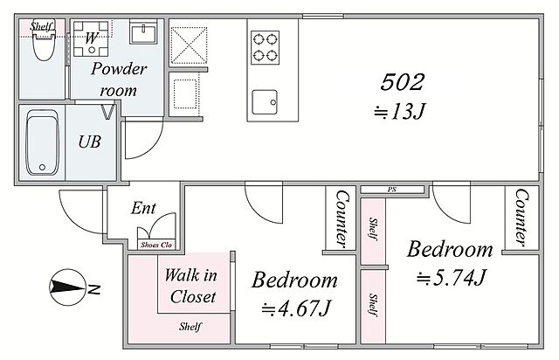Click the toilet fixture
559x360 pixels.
click(x=44, y=45)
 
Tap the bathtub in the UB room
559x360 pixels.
click(x=42, y=142)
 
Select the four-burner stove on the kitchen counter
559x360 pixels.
click(x=265, y=47)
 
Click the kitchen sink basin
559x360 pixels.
click(x=265, y=102)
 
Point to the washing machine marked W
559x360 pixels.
click(x=91, y=38)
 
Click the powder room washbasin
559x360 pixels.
click(x=143, y=31)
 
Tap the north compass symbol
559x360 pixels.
click(x=68, y=287)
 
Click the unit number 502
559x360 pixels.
click(x=402, y=82)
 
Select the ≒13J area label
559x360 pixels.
click(x=399, y=112)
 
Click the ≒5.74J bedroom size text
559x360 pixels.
click(x=452, y=277)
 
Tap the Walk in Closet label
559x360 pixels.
click(x=192, y=286)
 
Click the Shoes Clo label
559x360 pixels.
click(x=156, y=245)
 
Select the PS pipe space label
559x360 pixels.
click(x=392, y=190)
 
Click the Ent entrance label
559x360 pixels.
click(x=143, y=208)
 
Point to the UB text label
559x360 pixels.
click(x=89, y=142)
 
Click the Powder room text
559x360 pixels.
click(x=119, y=80)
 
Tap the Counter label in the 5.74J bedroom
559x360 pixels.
click(x=521, y=218)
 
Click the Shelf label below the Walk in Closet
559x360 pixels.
click(x=190, y=327)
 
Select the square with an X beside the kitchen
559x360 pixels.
click(x=189, y=45)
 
